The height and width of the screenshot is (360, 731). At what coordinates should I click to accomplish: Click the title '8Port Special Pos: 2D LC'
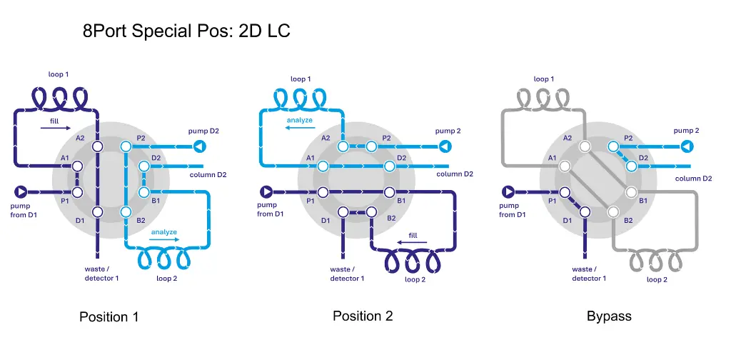[x=186, y=31]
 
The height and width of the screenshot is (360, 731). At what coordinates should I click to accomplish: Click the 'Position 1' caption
[x=109, y=317]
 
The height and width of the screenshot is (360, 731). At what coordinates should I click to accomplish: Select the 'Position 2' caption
[x=363, y=316]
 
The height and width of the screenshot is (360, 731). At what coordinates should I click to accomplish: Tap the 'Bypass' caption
[x=609, y=316]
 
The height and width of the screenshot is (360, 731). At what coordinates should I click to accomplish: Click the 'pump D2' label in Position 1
[x=203, y=131]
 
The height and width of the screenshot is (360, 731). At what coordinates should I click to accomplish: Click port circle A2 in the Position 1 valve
[x=97, y=147]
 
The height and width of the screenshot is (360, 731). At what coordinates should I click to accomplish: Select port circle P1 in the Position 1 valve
[x=77, y=191]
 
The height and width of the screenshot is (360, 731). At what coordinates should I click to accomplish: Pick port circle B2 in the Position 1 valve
[x=126, y=211]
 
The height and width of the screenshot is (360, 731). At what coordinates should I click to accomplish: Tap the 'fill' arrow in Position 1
[x=56, y=127]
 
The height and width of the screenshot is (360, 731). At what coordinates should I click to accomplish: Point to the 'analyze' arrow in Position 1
[x=164, y=240]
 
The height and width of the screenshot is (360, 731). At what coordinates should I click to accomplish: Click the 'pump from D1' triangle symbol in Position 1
[x=21, y=191]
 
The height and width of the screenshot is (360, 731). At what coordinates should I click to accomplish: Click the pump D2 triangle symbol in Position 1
[x=200, y=147]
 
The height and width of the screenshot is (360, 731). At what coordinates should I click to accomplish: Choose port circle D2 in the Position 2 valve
[x=389, y=166]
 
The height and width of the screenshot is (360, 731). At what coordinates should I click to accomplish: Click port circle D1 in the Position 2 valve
[x=343, y=211]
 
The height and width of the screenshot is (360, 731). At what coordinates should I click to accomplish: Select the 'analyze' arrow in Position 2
[x=300, y=127]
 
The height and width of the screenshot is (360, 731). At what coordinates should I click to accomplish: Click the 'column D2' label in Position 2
[x=455, y=174]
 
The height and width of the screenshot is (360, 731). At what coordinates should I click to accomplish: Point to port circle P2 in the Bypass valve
[x=612, y=147]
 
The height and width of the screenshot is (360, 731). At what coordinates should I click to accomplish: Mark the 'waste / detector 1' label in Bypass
[x=589, y=274]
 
